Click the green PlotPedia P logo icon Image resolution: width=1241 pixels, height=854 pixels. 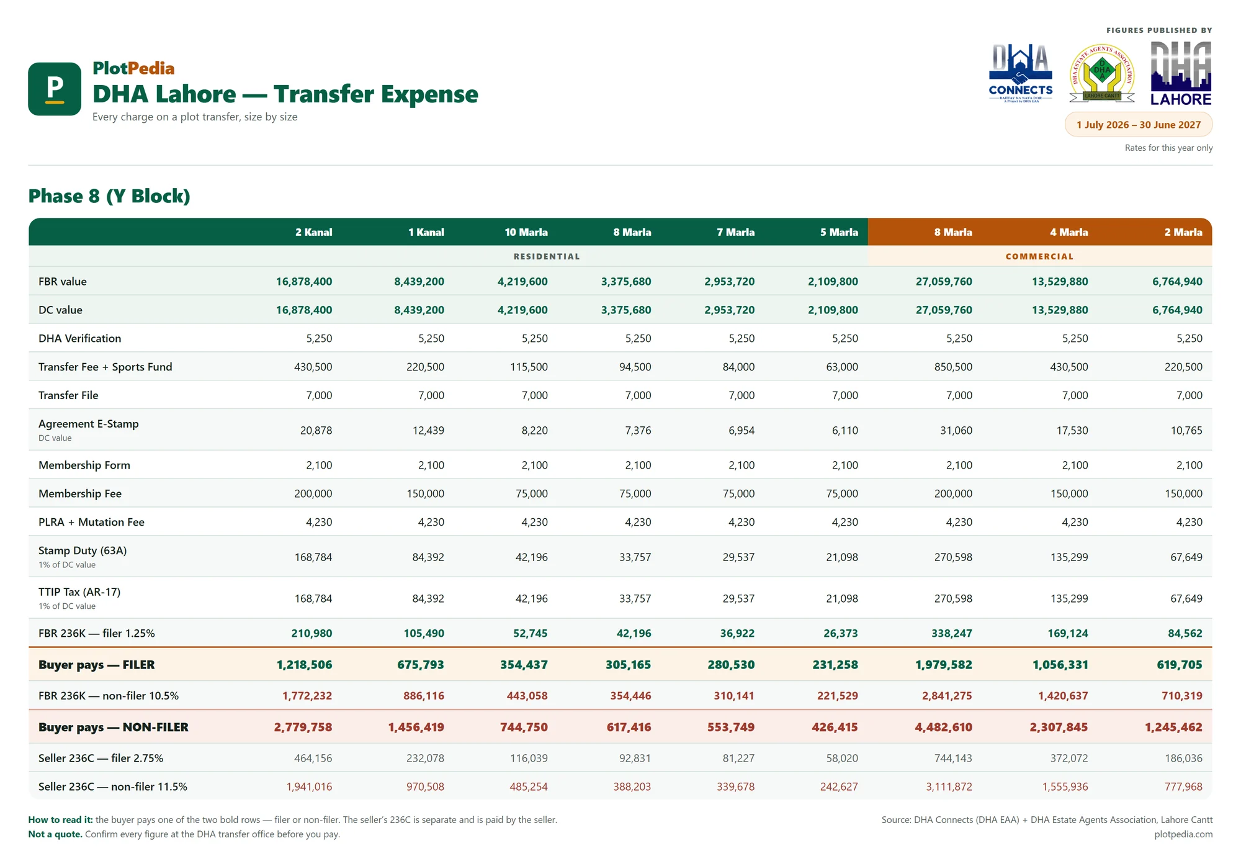55,89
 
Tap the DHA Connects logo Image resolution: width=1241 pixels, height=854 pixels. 1020,73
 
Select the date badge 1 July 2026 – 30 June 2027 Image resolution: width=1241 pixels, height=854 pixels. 1139,125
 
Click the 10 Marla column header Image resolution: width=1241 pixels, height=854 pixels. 526,232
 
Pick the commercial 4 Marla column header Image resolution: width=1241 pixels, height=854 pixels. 1069,232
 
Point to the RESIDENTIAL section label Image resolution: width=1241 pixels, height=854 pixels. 547,256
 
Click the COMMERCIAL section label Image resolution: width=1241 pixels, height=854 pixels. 1039,256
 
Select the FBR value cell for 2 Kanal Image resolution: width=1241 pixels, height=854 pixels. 304,282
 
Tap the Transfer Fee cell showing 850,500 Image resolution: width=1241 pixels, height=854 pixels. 953,367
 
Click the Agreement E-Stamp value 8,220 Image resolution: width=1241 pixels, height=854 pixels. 534,430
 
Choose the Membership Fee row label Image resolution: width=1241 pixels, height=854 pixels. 80,493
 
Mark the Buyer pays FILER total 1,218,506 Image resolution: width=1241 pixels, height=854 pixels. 304,665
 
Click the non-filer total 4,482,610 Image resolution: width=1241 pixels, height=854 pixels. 943,727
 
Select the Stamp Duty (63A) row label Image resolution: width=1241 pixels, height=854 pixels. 83,551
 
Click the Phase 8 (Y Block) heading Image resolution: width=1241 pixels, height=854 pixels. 109,196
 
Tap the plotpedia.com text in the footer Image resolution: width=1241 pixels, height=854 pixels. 1183,834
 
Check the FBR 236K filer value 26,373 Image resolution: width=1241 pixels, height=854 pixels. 841,633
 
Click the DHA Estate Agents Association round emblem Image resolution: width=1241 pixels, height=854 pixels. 1102,73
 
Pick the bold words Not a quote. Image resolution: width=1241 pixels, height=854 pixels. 55,834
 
